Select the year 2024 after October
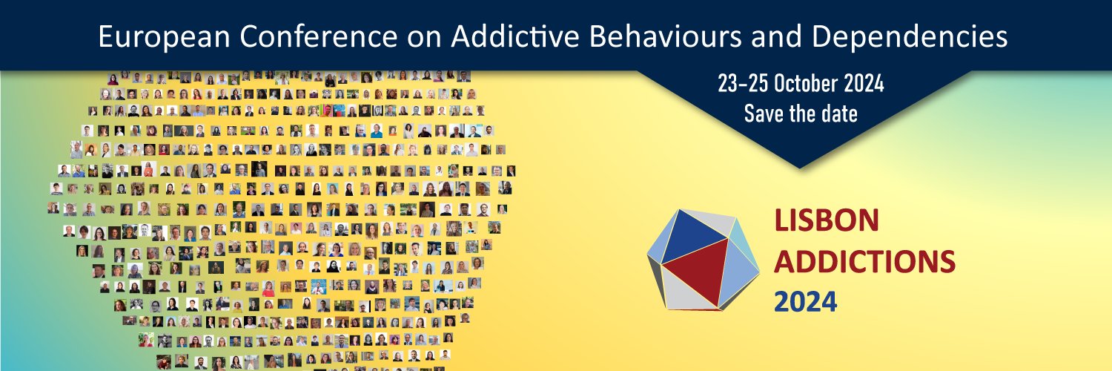click(864, 85)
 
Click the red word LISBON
click(827, 220)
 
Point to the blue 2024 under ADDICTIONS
click(806, 301)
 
